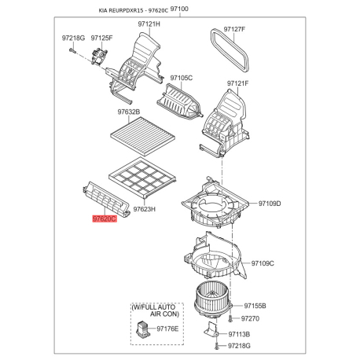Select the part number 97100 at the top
[x=180, y=6]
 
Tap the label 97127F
[x=234, y=29]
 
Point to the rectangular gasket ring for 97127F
[x=230, y=50]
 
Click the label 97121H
[x=149, y=24]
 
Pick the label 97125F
[x=101, y=37]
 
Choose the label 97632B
[x=129, y=112]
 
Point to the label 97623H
[x=145, y=209]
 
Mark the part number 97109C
[x=263, y=263]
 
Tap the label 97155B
[x=255, y=305]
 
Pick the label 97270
[x=249, y=318]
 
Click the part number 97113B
[x=240, y=334]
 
